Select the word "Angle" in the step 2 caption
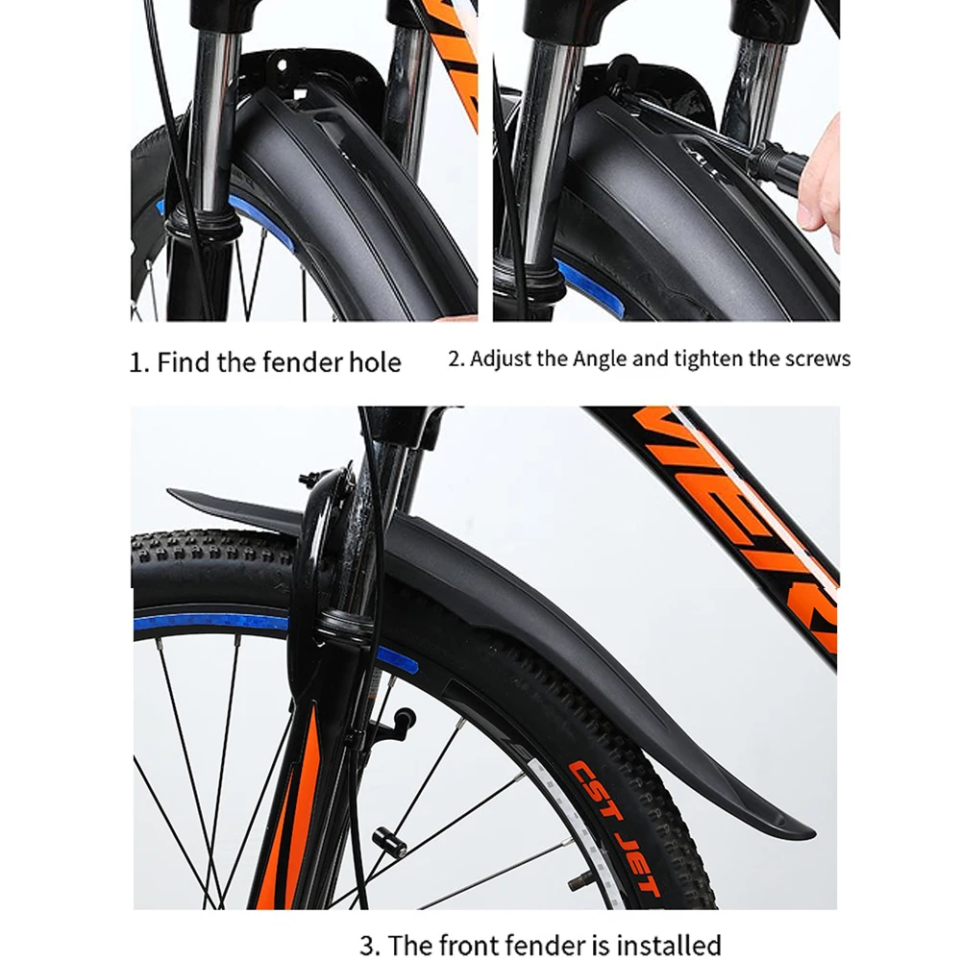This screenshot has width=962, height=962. [x=600, y=358]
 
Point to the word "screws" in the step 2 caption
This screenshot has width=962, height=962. [x=818, y=358]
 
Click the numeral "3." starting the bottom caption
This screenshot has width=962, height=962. [x=370, y=945]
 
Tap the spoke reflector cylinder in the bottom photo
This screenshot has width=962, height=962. [x=390, y=843]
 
